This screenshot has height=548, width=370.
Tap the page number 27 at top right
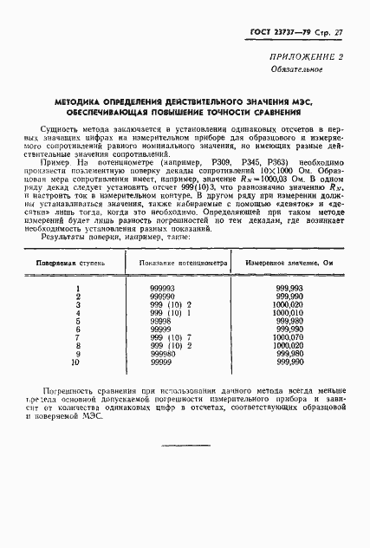[340, 34]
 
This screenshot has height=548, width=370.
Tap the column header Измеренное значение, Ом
[292, 261]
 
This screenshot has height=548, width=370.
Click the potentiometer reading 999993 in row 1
[162, 288]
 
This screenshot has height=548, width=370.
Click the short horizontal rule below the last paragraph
[185, 446]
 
